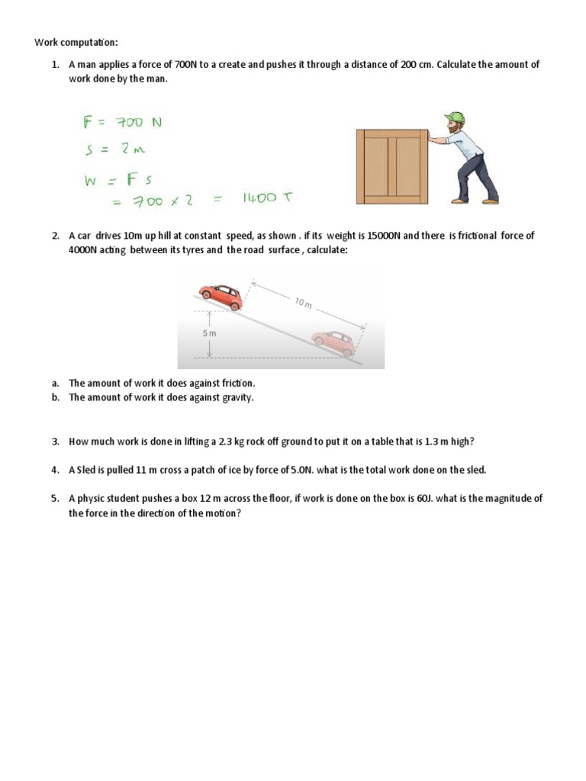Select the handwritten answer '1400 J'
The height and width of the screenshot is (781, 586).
(266, 198)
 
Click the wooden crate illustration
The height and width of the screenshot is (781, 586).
(392, 166)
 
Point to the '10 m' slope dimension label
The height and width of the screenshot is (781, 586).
(303, 304)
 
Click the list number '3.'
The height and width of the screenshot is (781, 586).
(56, 442)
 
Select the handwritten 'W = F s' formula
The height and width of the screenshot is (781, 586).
(118, 182)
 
